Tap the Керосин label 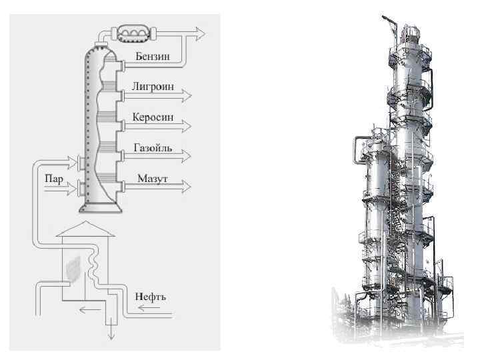(154, 117)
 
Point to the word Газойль (154, 148)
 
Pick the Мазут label (152, 179)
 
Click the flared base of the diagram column (100, 207)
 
